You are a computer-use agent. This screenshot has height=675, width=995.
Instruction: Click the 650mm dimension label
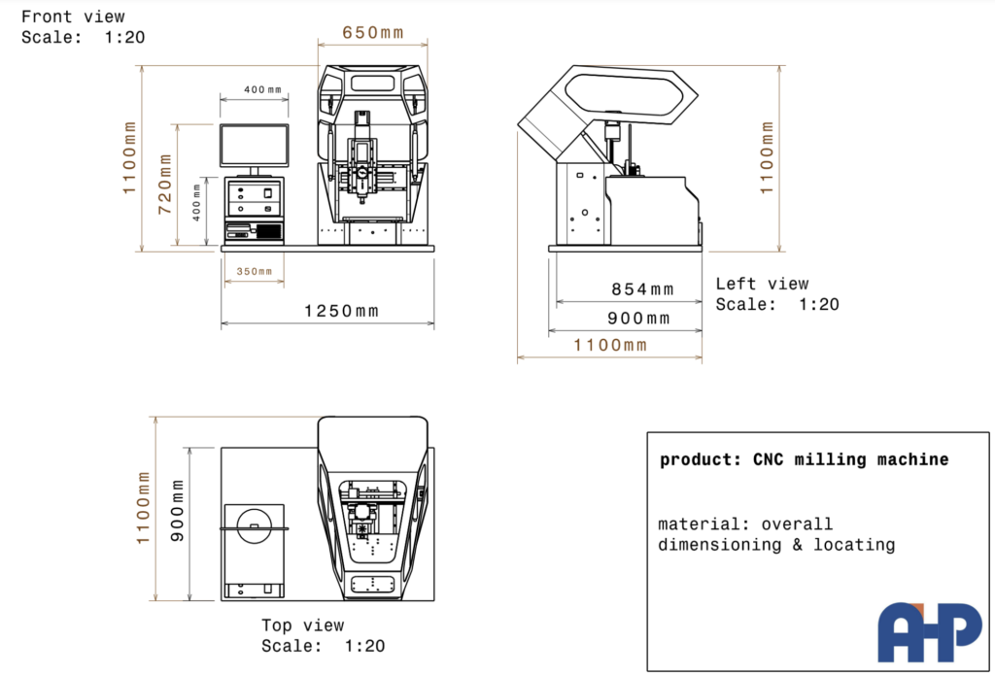372,32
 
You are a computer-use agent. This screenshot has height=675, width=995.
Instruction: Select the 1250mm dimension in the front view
341,311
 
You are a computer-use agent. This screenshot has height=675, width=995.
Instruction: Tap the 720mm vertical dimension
165,184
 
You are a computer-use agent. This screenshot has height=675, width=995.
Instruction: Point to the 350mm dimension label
255,272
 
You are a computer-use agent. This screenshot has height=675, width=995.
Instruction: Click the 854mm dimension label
642,289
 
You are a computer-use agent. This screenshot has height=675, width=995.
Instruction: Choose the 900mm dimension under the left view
638,318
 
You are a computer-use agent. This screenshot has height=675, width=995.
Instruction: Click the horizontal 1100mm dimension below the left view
610,345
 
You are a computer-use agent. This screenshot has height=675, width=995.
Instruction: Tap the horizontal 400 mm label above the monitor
262,90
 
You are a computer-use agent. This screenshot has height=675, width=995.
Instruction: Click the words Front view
73,17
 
